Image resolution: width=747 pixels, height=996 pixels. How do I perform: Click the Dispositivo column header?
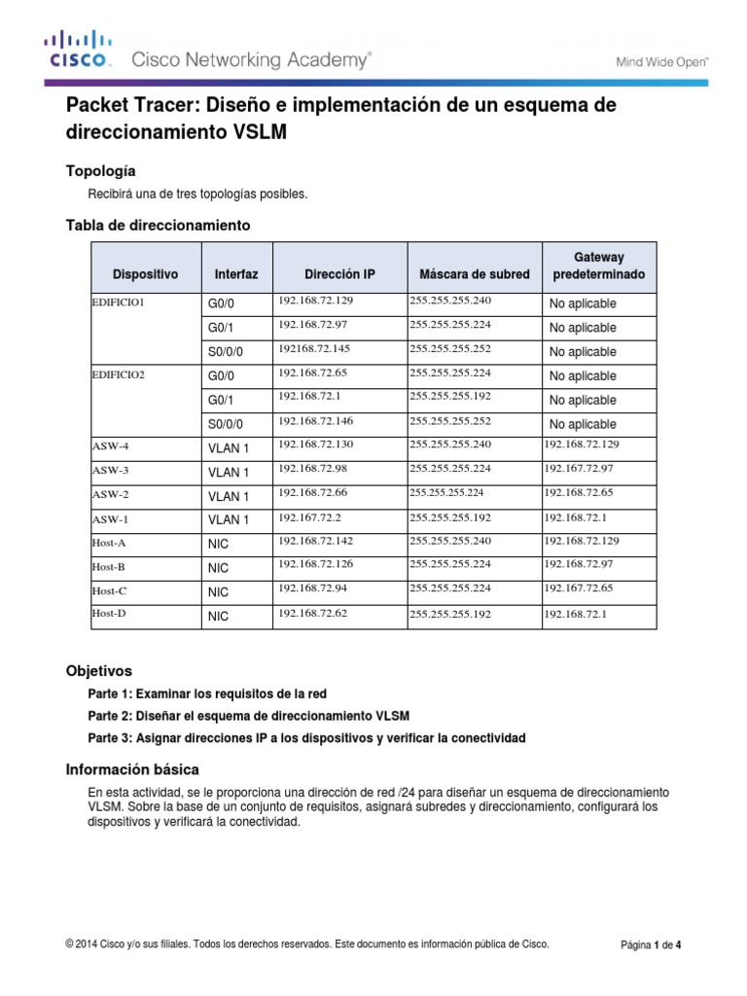pos(145,275)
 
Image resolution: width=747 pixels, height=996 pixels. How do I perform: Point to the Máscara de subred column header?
pos(474,275)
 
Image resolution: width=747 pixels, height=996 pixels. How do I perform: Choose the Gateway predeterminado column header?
pos(598,266)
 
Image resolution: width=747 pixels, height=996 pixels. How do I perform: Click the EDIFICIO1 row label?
pos(119,303)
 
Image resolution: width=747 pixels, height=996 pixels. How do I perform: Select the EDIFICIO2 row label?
pos(119,374)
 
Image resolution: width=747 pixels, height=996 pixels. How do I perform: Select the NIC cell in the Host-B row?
pos(218,567)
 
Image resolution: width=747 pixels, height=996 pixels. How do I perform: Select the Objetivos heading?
pos(98,671)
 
